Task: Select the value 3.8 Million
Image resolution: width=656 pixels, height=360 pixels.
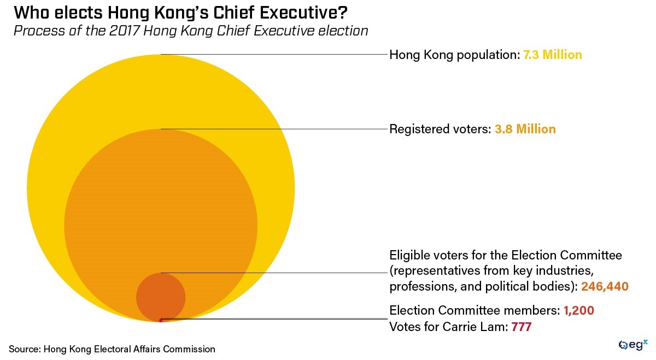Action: (x=525, y=129)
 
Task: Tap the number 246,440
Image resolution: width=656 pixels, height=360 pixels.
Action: (x=605, y=286)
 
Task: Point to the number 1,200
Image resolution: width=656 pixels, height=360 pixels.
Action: (x=579, y=311)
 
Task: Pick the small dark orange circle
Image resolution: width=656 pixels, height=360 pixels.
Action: (x=161, y=297)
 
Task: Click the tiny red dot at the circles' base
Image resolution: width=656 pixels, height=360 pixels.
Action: (x=160, y=320)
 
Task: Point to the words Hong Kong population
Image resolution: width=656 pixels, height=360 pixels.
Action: (x=452, y=55)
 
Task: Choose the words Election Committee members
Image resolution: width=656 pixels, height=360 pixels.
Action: (x=475, y=311)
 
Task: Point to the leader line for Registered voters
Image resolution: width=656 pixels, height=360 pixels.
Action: (x=273, y=129)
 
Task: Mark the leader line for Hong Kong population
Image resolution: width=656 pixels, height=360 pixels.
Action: (x=273, y=54)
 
